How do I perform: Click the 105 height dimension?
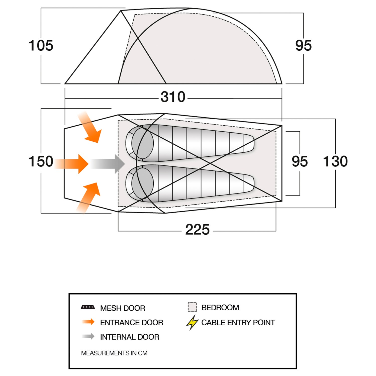[x=41, y=46]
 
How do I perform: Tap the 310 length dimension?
[x=173, y=97]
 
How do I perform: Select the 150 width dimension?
[x=41, y=161]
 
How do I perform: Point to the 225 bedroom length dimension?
[x=197, y=230]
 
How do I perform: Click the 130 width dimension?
[x=335, y=161]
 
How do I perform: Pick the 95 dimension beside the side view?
[x=304, y=46]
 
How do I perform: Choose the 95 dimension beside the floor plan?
[x=300, y=161]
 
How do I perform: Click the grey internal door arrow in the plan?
[x=108, y=164]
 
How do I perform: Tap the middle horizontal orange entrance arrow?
[x=71, y=164]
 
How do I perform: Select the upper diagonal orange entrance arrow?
[x=90, y=127]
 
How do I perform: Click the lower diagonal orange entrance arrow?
[x=88, y=198]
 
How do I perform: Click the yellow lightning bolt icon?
[x=192, y=323]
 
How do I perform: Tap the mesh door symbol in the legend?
[x=88, y=307]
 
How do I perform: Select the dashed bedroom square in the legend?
[x=193, y=307]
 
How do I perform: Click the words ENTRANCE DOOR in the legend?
[x=132, y=323]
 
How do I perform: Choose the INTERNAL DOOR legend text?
[x=130, y=337]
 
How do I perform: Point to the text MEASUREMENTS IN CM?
[x=114, y=353]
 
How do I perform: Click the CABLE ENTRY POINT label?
[x=238, y=323]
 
